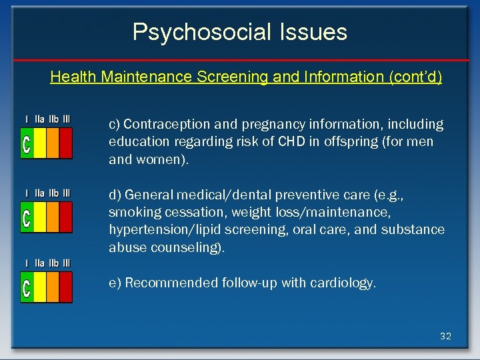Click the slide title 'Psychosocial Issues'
pos(239,32)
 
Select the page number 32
pos(445,336)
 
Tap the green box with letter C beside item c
pos(27,143)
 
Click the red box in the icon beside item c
pos(65,143)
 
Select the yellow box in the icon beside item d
pos(39,217)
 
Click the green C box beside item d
pos(27,217)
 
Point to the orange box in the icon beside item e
pos(52,287)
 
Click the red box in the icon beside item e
pos(65,287)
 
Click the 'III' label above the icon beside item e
pos(67,263)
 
